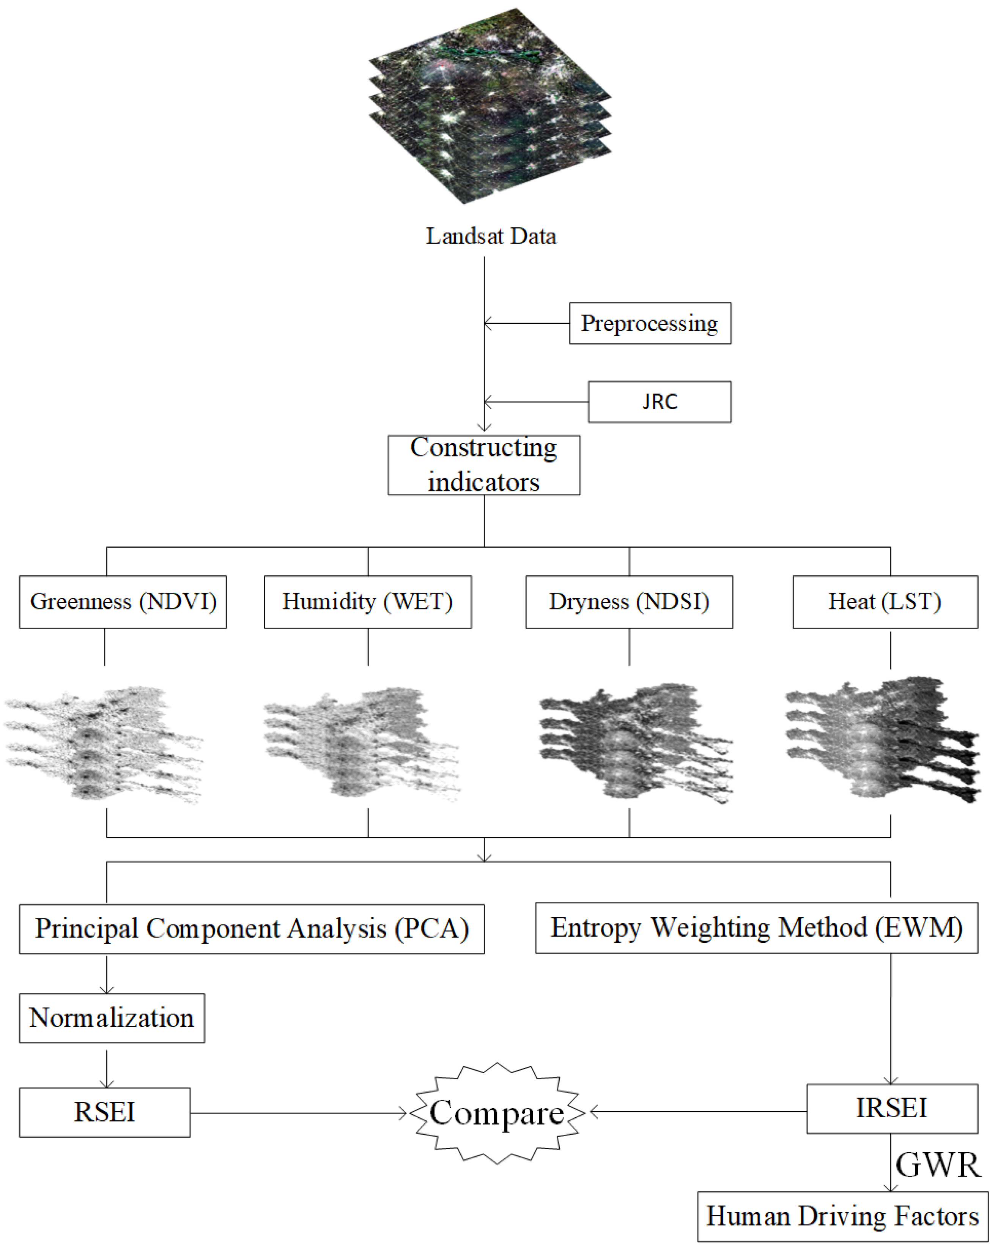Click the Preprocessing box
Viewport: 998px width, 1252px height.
[x=650, y=323]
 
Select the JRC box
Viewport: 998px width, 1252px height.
[x=660, y=402]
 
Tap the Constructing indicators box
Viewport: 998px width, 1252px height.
[x=483, y=465]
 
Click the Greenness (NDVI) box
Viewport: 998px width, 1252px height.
[x=123, y=602]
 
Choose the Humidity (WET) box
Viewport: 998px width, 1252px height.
[x=367, y=602]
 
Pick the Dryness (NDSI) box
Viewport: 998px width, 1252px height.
[x=629, y=602]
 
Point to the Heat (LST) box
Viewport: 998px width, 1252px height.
[x=885, y=602]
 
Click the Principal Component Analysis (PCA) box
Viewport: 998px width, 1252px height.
[x=251, y=929]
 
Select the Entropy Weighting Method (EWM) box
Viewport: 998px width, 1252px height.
[x=756, y=928]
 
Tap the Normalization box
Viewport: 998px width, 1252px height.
[x=112, y=1018]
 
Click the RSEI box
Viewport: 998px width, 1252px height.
[x=104, y=1112]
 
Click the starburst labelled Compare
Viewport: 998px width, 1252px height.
[x=496, y=1113]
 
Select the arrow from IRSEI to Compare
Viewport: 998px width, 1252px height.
[x=697, y=1112]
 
